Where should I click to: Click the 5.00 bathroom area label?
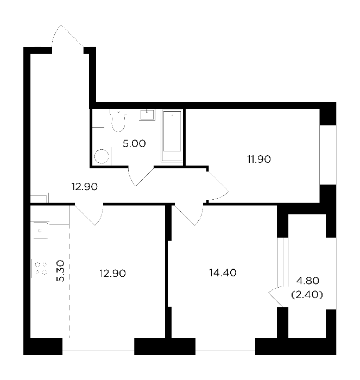[134, 143]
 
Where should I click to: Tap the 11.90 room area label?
[259, 159]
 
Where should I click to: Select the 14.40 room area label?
[223, 273]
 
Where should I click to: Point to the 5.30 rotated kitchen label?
[60, 271]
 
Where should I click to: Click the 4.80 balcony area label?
[308, 281]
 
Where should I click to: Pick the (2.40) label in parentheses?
[307, 295]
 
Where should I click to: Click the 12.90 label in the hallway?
[84, 187]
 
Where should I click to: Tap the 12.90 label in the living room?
[112, 274]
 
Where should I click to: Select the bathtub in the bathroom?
[172, 136]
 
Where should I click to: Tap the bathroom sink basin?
[147, 115]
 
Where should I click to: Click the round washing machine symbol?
[102, 156]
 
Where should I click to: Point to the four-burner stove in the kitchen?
[40, 268]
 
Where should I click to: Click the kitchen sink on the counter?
[40, 231]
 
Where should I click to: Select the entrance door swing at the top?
[68, 36]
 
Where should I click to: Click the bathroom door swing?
[141, 176]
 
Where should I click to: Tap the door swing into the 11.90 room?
[218, 186]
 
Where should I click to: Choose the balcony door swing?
[276, 297]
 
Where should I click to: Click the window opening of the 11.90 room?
[328, 155]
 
